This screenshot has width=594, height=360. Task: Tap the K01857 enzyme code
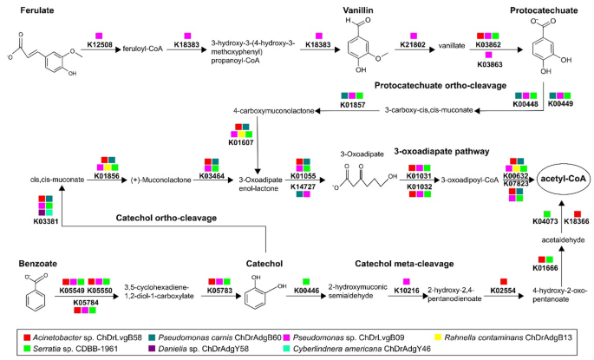[352, 103]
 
